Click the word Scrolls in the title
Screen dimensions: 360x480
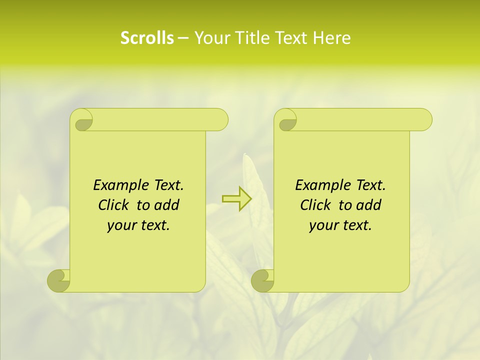[147, 38]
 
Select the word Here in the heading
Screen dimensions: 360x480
[331, 38]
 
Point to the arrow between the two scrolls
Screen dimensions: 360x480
[236, 199]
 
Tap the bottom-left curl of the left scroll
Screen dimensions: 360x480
[58, 280]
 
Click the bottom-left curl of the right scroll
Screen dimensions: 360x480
[262, 280]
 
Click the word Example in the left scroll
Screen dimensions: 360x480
[119, 185]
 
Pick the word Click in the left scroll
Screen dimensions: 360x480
[112, 205]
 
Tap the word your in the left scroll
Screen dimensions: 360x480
[121, 225]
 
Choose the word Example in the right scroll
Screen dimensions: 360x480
[321, 185]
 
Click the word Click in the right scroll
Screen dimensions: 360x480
[314, 205]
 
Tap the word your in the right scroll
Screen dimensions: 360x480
[323, 225]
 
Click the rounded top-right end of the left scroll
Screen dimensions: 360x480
[220, 120]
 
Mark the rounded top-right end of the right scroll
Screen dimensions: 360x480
[424, 120]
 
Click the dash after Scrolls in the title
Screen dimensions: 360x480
[183, 38]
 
